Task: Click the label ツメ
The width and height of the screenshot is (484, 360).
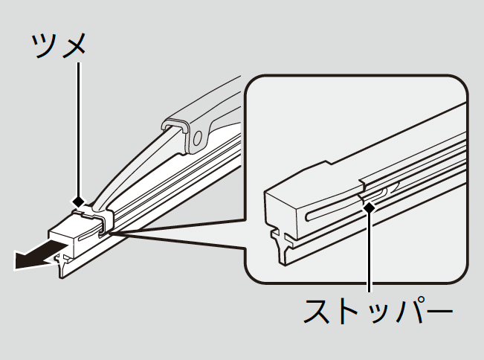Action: pos(59,45)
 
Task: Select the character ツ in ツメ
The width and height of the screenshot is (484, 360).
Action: pos(44,46)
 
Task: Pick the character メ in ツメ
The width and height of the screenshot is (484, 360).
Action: pos(74,46)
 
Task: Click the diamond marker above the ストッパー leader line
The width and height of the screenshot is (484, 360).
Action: pos(367,209)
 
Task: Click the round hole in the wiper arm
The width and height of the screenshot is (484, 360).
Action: pos(199,138)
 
